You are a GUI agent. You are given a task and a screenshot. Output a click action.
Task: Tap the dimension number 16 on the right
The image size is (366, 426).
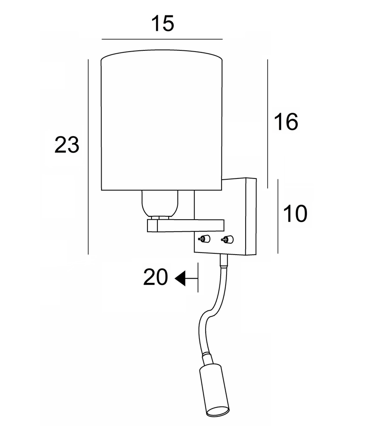pyautogui.click(x=286, y=122)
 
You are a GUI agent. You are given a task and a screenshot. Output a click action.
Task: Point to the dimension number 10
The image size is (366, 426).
pyautogui.click(x=295, y=214)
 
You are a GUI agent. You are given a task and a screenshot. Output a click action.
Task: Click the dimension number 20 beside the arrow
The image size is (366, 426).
pyautogui.click(x=155, y=277)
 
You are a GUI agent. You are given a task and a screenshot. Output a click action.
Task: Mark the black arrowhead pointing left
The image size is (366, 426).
pyautogui.click(x=181, y=278)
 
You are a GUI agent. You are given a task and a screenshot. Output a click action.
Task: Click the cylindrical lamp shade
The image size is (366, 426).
pyautogui.click(x=162, y=121)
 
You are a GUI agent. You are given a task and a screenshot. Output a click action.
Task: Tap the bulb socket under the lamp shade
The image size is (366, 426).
pyautogui.click(x=160, y=204)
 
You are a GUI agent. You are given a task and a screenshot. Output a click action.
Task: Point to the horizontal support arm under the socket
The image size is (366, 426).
pyautogui.click(x=185, y=225)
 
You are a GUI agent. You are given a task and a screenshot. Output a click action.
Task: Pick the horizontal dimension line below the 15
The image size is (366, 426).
pyautogui.click(x=162, y=39)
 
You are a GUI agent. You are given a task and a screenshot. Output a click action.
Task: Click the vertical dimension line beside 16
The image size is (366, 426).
pyautogui.click(x=267, y=123)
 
